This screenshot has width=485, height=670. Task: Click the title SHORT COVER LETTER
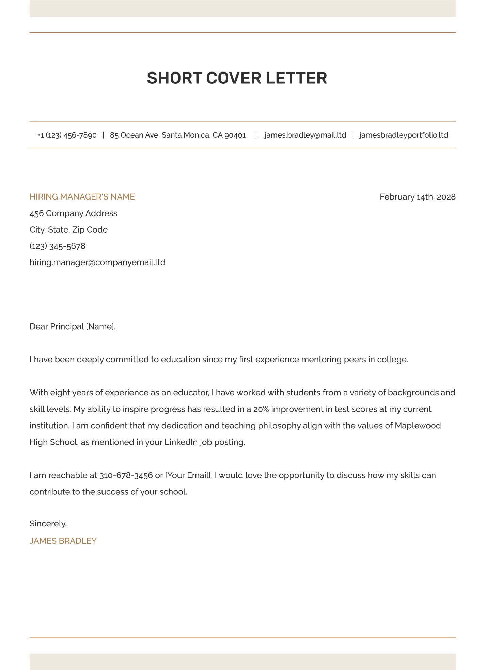(x=237, y=78)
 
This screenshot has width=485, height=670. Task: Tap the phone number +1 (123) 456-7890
(x=67, y=135)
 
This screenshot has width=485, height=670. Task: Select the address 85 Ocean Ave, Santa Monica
(x=178, y=135)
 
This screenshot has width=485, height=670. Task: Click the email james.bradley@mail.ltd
(x=305, y=135)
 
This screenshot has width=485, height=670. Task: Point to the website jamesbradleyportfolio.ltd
(x=404, y=135)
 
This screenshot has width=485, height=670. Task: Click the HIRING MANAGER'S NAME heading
(x=82, y=197)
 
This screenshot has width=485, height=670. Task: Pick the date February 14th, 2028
(x=418, y=197)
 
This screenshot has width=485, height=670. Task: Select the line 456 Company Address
(x=74, y=213)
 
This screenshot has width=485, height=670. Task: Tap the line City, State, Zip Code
(x=68, y=230)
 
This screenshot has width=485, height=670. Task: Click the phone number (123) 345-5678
(x=58, y=246)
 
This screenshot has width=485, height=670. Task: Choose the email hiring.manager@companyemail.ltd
(x=97, y=262)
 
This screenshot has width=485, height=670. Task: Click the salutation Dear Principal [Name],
(x=73, y=326)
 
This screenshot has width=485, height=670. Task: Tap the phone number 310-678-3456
(x=126, y=475)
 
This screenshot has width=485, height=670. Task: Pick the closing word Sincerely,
(x=48, y=524)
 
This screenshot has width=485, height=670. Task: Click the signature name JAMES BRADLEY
(x=63, y=541)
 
